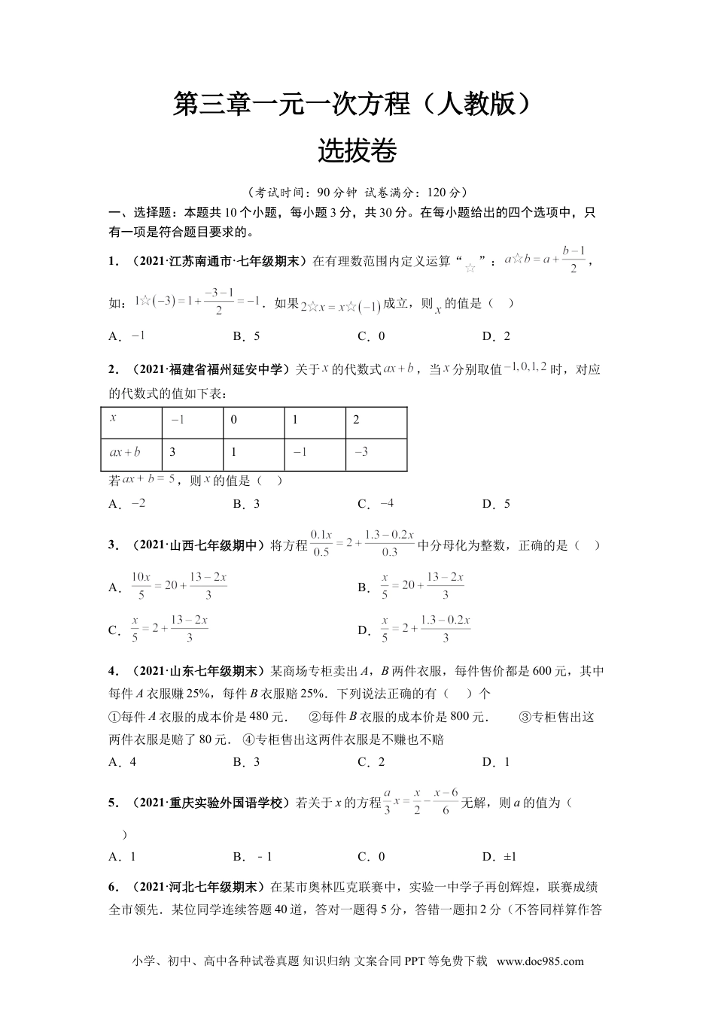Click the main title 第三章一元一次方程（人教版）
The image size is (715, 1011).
coord(357,105)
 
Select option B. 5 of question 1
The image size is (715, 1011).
coord(246,336)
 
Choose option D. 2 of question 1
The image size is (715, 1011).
coord(496,336)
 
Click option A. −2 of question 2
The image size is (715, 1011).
coord(127,503)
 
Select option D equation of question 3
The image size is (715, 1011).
coord(415,629)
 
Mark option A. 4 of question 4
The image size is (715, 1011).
coord(123,761)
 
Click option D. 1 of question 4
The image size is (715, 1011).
coord(496,761)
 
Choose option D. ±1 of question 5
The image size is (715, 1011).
coord(499,856)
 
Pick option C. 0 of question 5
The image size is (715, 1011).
coord(371,856)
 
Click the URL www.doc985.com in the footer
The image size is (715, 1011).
coord(540,961)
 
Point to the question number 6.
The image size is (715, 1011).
coord(113,887)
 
